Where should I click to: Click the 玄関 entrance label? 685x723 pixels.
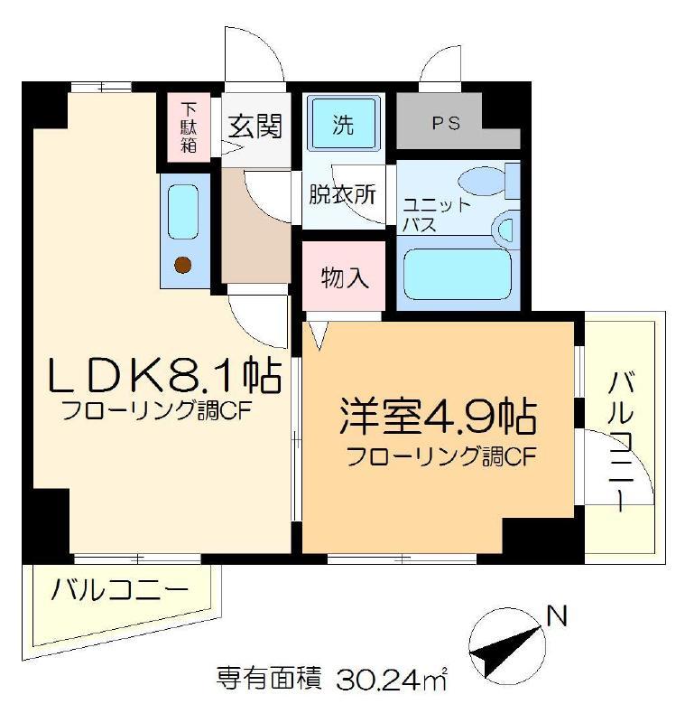[255, 125]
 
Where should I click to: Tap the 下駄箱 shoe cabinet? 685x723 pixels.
[189, 127]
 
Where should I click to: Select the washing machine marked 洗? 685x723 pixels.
[344, 123]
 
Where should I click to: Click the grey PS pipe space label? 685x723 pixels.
[446, 123]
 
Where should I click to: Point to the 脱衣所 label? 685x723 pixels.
[342, 194]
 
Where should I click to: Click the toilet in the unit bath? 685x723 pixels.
[489, 181]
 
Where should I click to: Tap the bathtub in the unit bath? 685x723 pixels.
[458, 274]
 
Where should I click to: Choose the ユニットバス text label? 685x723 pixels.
[436, 215]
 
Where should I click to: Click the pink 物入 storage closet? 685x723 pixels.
[344, 276]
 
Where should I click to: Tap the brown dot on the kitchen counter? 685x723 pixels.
[183, 264]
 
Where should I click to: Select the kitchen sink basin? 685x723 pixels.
[183, 211]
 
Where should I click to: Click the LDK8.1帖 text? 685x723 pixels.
[164, 374]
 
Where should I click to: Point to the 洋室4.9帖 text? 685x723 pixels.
[438, 417]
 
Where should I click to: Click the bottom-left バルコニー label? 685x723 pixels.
[120, 590]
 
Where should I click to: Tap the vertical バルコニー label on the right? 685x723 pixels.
[621, 442]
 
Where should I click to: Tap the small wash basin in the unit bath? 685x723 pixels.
[505, 227]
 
